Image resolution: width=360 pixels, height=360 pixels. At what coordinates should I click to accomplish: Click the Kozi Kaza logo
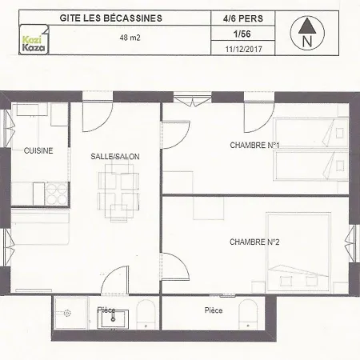click(34, 39)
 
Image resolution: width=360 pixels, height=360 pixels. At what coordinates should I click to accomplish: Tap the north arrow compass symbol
click(307, 33)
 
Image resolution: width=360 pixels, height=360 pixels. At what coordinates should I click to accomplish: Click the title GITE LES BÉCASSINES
click(111, 18)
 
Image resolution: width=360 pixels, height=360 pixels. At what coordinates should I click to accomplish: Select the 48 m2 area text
click(130, 38)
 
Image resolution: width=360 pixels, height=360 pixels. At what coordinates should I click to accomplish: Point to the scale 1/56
click(242, 34)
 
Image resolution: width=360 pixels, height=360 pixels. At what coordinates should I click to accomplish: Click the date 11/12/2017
click(243, 49)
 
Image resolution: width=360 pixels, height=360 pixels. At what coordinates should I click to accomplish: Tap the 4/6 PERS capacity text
click(243, 18)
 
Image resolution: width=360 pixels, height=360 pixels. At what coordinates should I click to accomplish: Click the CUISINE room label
click(38, 150)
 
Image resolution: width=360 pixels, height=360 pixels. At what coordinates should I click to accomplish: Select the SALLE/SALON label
click(115, 157)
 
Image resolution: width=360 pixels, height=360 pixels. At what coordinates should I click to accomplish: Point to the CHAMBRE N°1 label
click(254, 146)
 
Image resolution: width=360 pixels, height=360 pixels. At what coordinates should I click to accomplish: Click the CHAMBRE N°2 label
click(254, 242)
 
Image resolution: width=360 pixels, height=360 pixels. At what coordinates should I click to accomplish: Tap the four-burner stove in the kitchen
click(56, 194)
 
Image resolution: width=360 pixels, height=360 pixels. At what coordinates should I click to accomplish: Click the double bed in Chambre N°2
click(298, 252)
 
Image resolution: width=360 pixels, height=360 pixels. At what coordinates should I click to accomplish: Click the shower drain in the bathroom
click(67, 313)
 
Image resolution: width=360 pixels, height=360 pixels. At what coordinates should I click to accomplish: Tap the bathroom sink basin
click(113, 319)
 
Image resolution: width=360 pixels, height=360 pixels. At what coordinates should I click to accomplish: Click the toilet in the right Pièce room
click(248, 314)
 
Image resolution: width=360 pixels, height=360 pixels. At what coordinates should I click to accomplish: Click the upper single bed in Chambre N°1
click(311, 133)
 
